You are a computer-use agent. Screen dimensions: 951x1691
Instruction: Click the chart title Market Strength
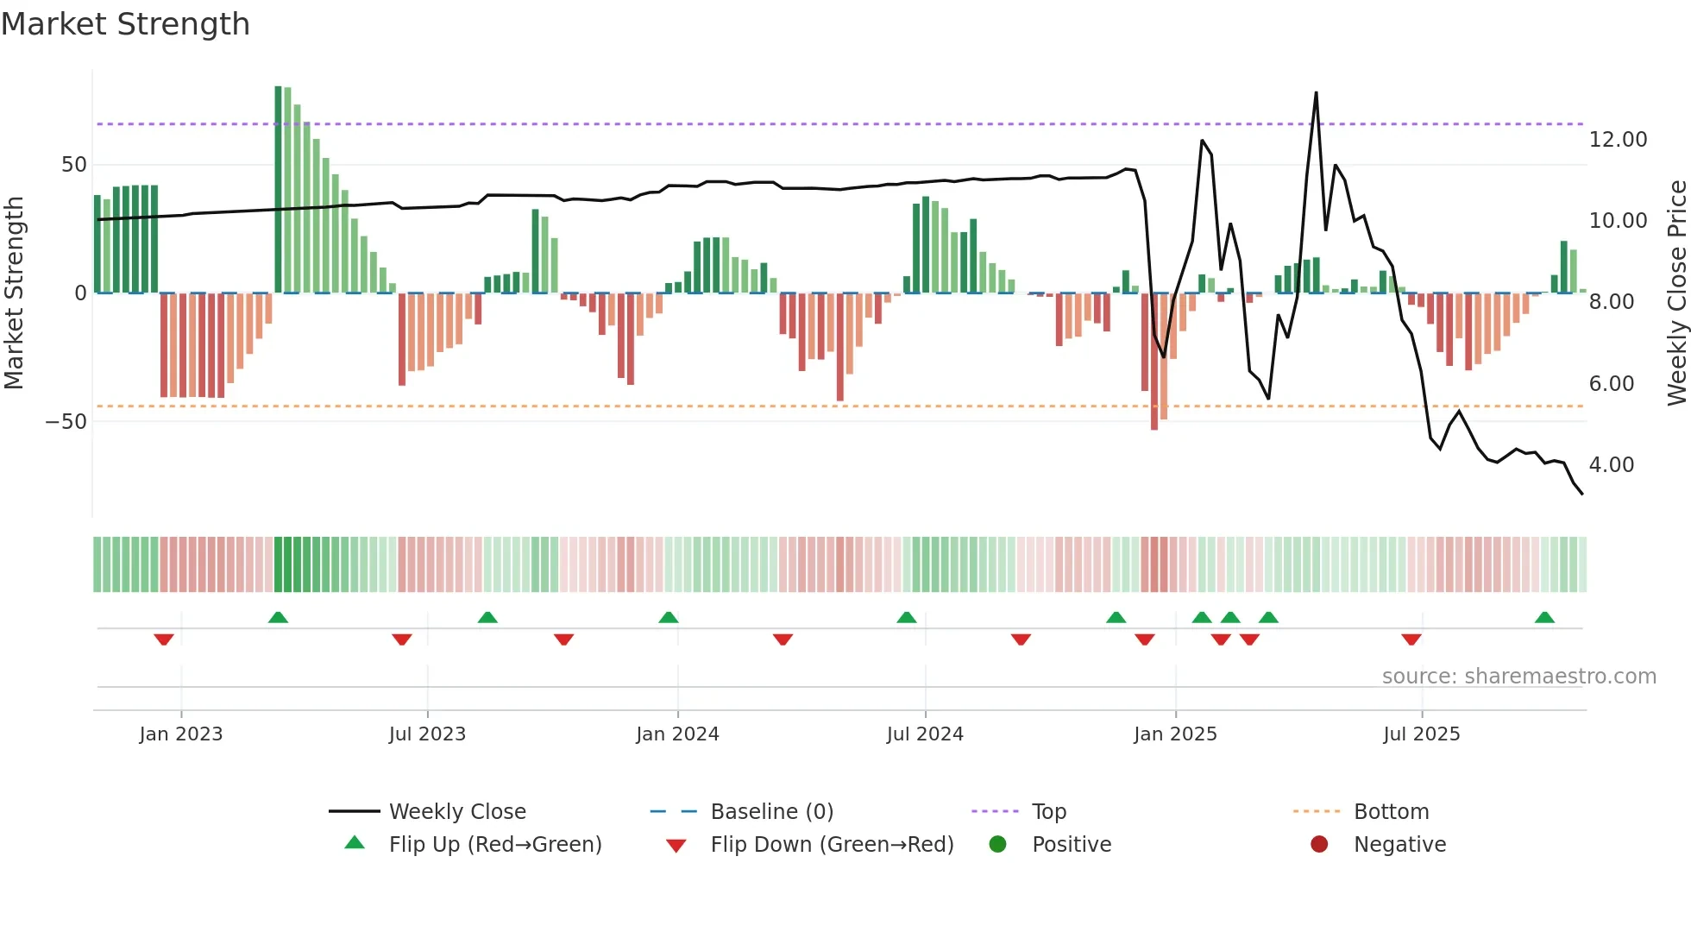click(x=126, y=24)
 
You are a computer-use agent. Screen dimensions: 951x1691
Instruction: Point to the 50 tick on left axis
click(x=74, y=165)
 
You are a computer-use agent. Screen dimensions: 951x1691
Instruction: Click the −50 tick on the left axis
click(x=66, y=422)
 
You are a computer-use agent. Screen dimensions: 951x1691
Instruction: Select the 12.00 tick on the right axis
click(x=1618, y=140)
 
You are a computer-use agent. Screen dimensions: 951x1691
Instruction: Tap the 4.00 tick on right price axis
click(x=1612, y=465)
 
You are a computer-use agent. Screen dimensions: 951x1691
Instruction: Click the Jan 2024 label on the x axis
click(x=677, y=734)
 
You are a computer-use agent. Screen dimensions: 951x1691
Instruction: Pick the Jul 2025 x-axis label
click(x=1421, y=734)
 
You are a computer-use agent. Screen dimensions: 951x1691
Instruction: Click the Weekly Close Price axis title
click(x=1676, y=293)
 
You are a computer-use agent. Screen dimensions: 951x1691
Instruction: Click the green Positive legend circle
click(x=998, y=845)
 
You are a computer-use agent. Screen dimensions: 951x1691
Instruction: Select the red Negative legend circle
click(x=1319, y=845)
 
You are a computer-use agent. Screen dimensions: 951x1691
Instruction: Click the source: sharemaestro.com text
click(x=1518, y=677)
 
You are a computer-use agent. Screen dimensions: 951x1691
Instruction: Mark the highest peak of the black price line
click(x=1316, y=92)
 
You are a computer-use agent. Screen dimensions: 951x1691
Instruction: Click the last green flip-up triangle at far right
click(x=1544, y=618)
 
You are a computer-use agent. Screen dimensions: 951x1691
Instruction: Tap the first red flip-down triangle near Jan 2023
click(x=164, y=639)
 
